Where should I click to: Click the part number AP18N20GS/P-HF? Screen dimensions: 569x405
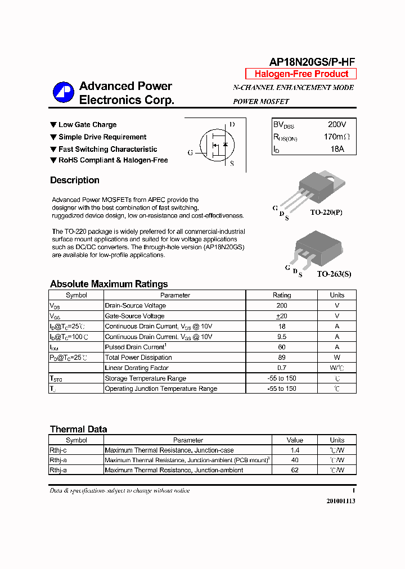(312, 62)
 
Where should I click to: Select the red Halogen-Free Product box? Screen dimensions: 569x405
(301, 74)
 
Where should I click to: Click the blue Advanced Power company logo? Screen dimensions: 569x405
(63, 93)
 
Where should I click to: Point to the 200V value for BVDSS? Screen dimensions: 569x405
(337, 124)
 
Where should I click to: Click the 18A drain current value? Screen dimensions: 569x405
(337, 149)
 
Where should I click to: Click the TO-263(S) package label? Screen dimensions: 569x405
(334, 274)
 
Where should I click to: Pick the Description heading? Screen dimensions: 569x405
(75, 180)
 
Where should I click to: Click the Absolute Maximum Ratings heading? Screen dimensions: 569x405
(109, 284)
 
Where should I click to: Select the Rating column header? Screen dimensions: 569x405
(282, 295)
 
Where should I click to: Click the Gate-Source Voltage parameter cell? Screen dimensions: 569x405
(135, 316)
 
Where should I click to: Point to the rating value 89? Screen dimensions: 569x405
(282, 358)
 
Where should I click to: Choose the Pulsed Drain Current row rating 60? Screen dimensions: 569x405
(282, 347)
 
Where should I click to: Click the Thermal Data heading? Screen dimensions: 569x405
(78, 429)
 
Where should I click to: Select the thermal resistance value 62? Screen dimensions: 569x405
(295, 470)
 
